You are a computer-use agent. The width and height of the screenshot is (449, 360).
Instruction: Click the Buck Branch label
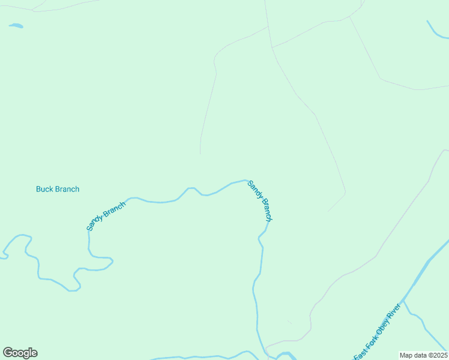point(58,189)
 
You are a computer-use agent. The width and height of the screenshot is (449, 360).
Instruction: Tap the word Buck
point(44,189)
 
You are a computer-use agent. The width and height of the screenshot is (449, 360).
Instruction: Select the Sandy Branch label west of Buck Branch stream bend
point(106,216)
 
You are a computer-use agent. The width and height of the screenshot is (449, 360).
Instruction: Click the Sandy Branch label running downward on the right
point(261,202)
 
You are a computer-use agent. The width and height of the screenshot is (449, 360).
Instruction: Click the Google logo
point(20,353)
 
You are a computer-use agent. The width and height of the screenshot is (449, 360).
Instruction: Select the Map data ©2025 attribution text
point(423,355)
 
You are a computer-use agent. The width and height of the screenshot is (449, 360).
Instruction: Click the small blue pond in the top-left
point(16,26)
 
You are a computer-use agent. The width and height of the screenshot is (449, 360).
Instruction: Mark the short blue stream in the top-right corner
point(436,31)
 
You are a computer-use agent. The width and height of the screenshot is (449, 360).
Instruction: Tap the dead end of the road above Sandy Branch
point(200,154)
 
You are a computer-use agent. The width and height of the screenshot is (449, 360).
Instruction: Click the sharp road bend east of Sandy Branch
point(345,193)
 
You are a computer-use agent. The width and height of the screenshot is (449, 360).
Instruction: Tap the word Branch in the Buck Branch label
point(67,189)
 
